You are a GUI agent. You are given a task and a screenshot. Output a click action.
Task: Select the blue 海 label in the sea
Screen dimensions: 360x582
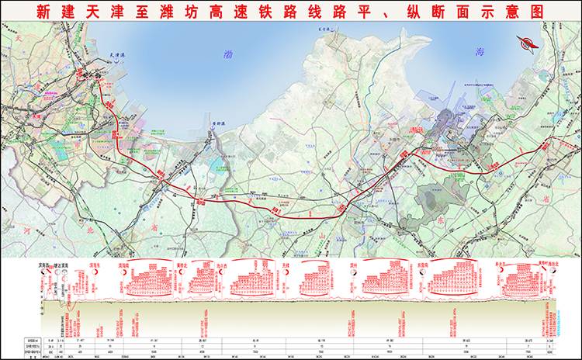[480, 51]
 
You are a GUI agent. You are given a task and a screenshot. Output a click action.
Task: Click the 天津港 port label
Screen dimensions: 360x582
[116, 55]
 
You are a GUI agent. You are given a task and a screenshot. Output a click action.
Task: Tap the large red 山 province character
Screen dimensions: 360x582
[323, 234]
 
